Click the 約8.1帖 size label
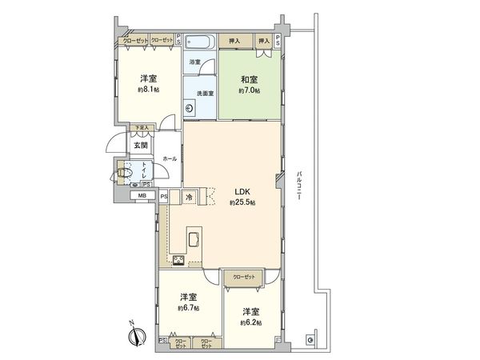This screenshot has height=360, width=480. pyautogui.click(x=148, y=90)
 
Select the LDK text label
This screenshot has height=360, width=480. pyautogui.click(x=242, y=191)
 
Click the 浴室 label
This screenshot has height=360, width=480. pyautogui.click(x=194, y=61)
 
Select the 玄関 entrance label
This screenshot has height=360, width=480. pyautogui.click(x=141, y=145)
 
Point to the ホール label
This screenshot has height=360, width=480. pyautogui.click(x=169, y=159)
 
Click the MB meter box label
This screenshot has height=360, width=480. pyautogui.click(x=142, y=195)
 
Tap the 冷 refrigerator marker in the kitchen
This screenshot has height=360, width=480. pyautogui.click(x=189, y=197)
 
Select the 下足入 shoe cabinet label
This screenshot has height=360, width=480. pyautogui.click(x=142, y=127)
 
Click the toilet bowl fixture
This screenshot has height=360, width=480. pyautogui.click(x=125, y=170)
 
